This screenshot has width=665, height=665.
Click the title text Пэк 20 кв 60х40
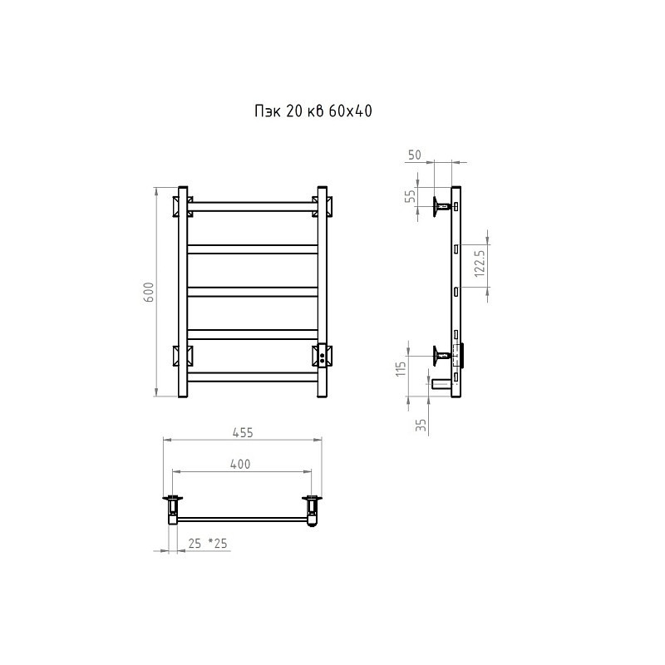pyautogui.click(x=313, y=111)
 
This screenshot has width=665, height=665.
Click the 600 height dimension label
pyautogui.click(x=149, y=292)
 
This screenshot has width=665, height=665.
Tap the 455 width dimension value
pyautogui.click(x=243, y=432)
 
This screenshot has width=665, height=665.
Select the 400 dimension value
pyautogui.click(x=240, y=465)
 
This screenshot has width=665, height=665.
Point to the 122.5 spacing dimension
pyautogui.click(x=480, y=263)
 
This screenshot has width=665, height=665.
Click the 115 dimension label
pyautogui.click(x=401, y=368)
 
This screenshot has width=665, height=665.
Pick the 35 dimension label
pyautogui.click(x=421, y=425)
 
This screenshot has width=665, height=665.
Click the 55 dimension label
pyautogui.click(x=411, y=196)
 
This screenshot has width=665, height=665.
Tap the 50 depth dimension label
pyautogui.click(x=415, y=155)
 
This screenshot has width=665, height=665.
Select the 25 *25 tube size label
pyautogui.click(x=208, y=544)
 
